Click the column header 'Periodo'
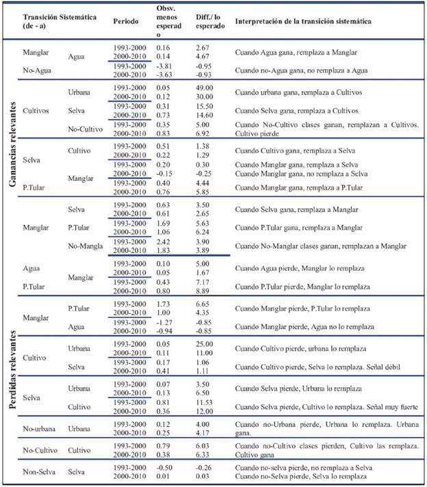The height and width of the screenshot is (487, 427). [127, 21]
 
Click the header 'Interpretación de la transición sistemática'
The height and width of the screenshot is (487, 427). [303, 21]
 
